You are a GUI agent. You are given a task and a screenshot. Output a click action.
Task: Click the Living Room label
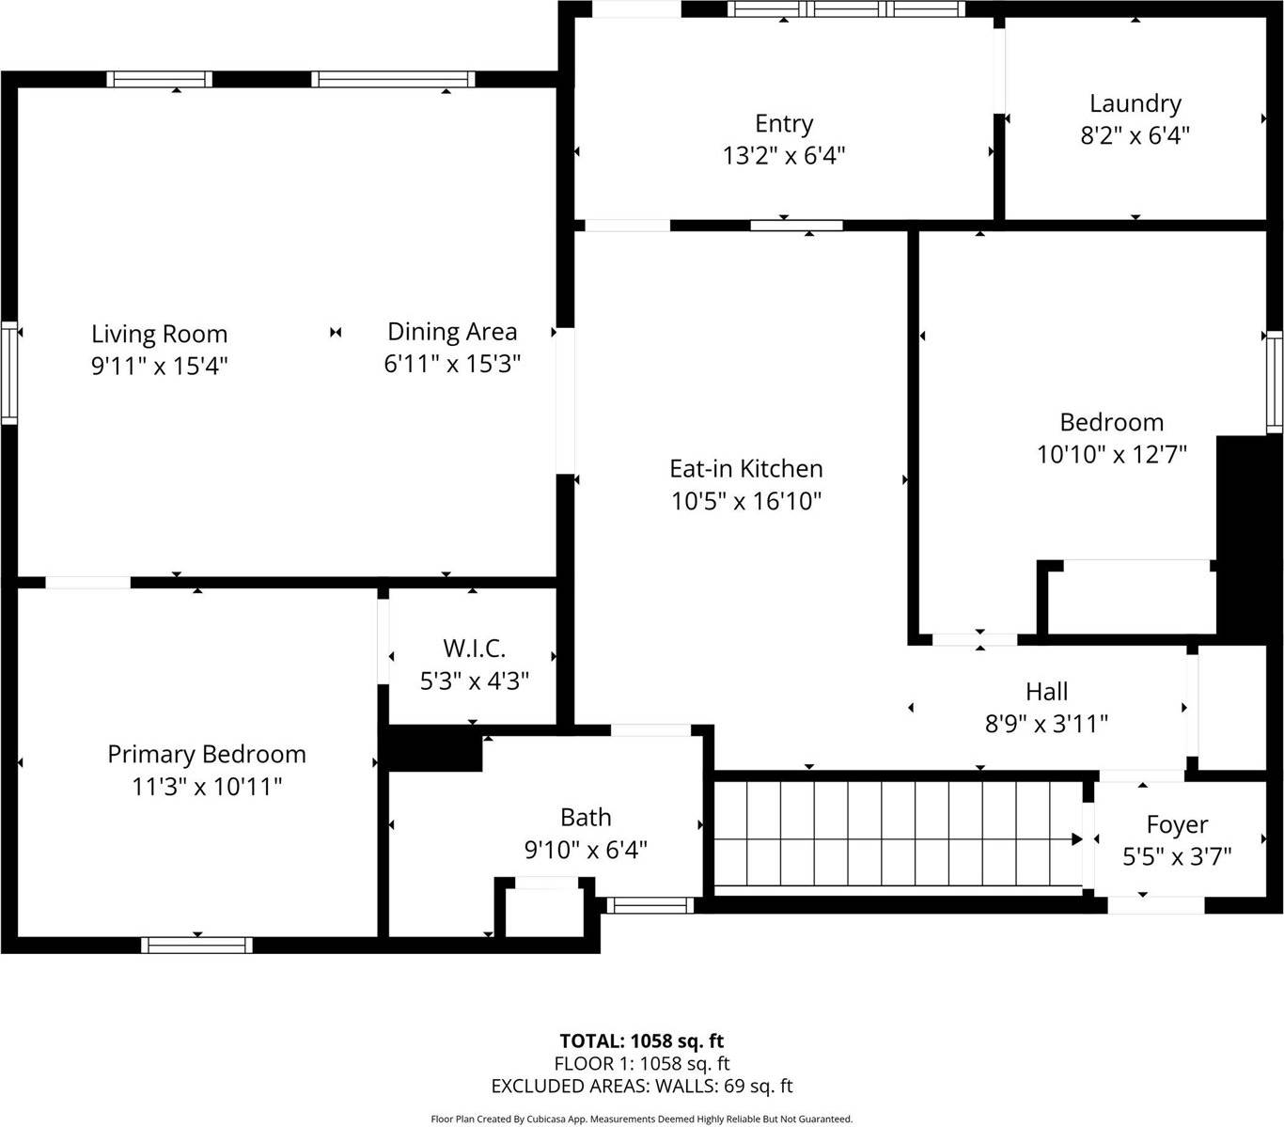coord(159,334)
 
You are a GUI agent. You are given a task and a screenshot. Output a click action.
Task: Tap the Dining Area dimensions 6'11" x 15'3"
coord(452,364)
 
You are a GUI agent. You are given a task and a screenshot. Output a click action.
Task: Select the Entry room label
coord(784,123)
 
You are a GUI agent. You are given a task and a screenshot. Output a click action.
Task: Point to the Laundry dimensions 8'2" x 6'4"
coord(1135,135)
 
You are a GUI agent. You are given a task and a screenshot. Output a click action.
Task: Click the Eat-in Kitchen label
coord(746,468)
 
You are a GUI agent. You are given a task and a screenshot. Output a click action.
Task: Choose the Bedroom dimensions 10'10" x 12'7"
coord(1112,455)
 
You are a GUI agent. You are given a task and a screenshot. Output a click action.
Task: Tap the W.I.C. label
coord(474,648)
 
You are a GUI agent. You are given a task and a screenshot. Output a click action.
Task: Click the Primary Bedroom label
coord(207,754)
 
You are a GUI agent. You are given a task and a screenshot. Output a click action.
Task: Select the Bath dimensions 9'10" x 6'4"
coord(586,851)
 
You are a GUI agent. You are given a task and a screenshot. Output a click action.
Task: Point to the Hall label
coord(1046,692)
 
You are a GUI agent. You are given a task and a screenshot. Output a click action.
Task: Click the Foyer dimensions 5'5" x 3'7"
coord(1177,857)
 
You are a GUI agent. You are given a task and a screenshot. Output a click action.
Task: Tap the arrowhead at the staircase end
coord(1077,838)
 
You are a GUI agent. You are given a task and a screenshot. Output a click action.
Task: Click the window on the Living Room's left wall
coord(9,372)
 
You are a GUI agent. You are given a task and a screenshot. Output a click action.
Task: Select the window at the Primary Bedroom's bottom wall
coord(196,945)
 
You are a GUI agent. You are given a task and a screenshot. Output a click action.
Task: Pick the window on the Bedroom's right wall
coord(1274,382)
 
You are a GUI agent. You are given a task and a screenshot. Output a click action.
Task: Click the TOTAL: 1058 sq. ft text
coord(642,1041)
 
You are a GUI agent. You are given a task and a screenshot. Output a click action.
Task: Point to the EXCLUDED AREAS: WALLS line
coord(642,1087)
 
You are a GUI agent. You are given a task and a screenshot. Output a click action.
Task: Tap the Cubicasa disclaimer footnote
coord(642,1119)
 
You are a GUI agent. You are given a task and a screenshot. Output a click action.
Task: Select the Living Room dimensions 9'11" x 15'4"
coord(159,366)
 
